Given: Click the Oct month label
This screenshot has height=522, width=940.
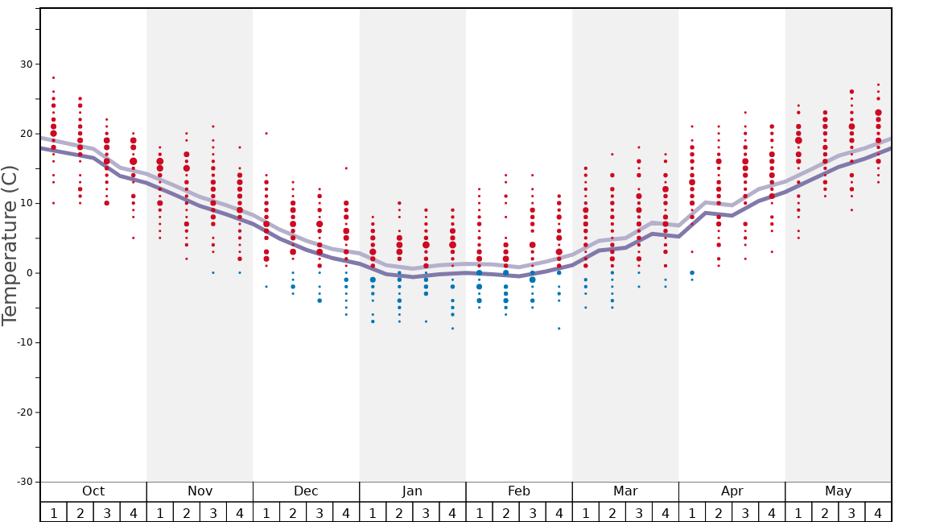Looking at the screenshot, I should click(x=93, y=491).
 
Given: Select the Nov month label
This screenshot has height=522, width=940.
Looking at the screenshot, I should click(x=200, y=491).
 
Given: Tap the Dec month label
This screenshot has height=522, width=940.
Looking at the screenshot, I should click(x=306, y=491).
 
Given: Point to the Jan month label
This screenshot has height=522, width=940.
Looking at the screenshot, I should click(x=412, y=491).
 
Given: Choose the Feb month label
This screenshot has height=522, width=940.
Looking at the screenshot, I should click(x=518, y=491).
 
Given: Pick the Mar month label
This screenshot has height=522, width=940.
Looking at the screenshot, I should click(x=625, y=491).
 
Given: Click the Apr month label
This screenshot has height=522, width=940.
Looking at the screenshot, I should click(x=732, y=491).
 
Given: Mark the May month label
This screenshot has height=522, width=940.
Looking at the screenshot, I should click(x=838, y=491).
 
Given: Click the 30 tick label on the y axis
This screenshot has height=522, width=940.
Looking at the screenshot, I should click(x=26, y=64).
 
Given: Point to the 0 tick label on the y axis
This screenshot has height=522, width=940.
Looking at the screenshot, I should click(x=29, y=273).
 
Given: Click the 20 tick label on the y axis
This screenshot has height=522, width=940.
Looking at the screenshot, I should click(x=26, y=134).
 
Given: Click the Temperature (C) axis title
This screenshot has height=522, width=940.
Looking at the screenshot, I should click(x=10, y=245).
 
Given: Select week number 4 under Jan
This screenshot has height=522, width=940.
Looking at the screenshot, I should click(x=452, y=512).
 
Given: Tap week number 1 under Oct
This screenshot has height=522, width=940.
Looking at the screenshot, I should click(x=53, y=512).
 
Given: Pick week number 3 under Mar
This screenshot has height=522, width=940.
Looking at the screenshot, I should click(x=639, y=512).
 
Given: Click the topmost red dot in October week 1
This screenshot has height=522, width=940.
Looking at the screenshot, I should click(x=53, y=78).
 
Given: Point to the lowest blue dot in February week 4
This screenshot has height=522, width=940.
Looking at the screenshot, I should click(x=559, y=329).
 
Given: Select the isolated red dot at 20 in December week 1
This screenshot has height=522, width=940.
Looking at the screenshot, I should click(x=266, y=134).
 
